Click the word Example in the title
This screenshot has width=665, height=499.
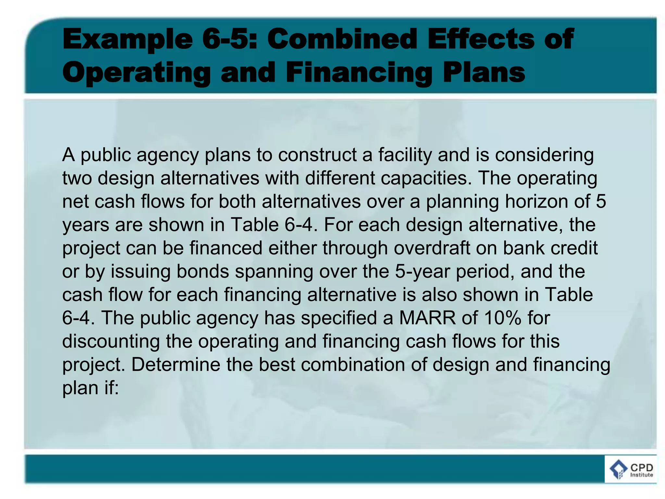(127, 40)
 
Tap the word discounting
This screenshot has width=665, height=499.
(111, 341)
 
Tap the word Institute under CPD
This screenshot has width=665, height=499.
(641, 475)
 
